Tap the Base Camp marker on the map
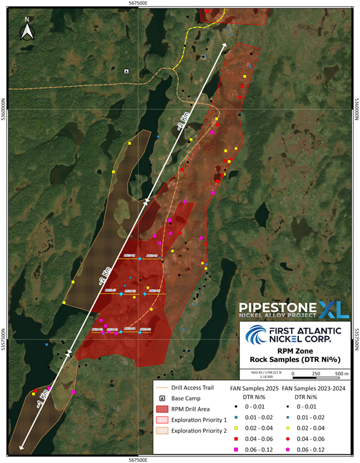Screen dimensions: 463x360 click(x=126, y=71)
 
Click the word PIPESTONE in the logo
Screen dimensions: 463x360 click(x=278, y=308)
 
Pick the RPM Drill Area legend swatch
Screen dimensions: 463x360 click(x=162, y=410)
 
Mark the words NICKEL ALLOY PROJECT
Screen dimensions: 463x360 click(x=278, y=316)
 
